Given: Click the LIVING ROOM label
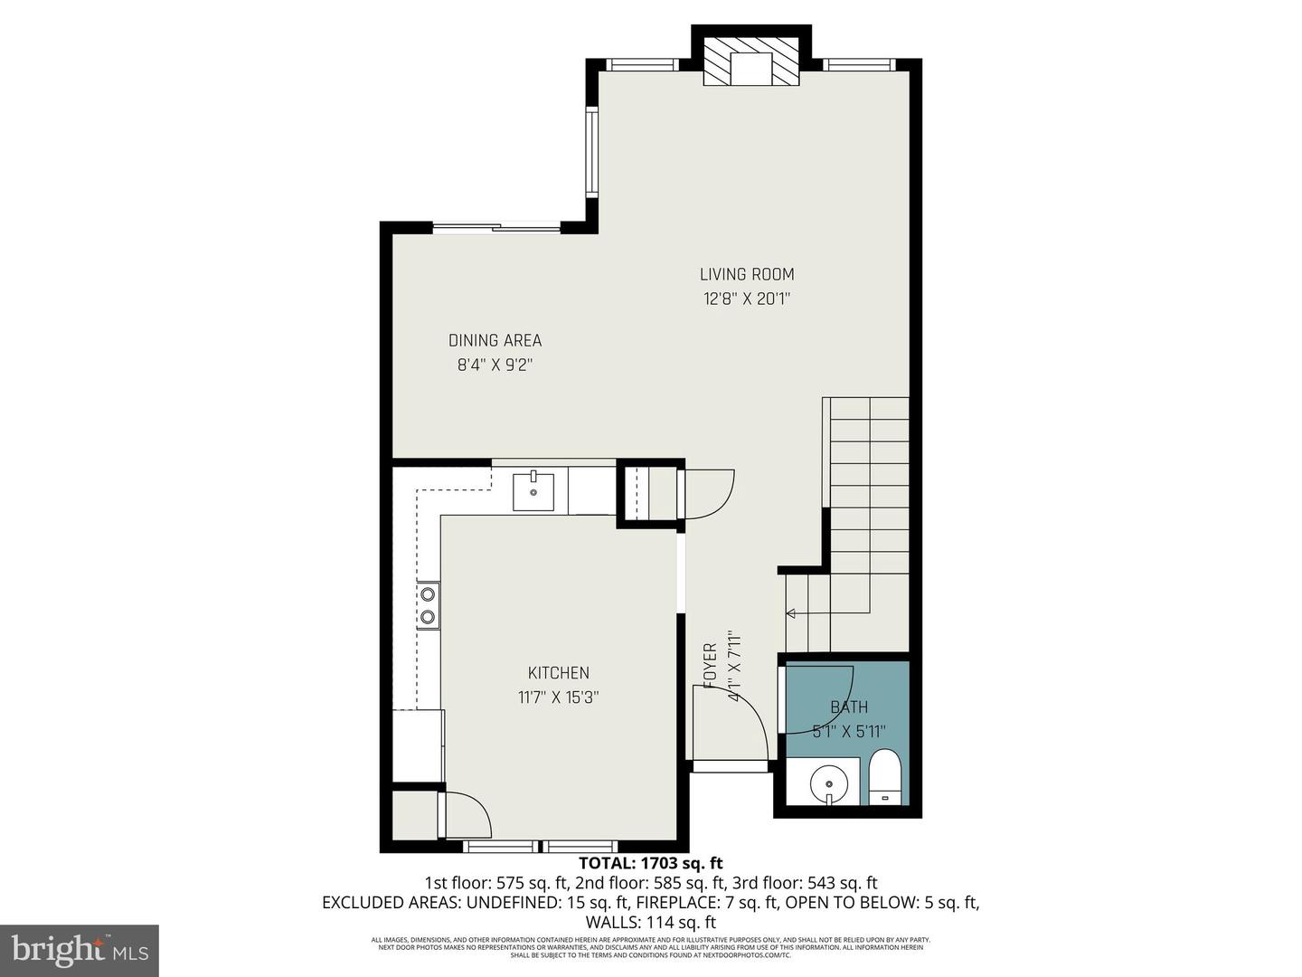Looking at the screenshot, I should pos(747,274).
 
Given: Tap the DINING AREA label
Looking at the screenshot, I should pos(495,341).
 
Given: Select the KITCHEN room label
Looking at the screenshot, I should pos(558,673).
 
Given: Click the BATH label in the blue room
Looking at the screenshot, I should pos(849,707).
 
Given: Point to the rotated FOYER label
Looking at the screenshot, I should pos(711,666).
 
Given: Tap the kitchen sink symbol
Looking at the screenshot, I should pos(533,491).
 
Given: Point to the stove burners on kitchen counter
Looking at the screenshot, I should pos(428,606).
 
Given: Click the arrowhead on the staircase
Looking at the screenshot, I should pos(791,614).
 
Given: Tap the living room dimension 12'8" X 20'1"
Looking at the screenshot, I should pos(747,299).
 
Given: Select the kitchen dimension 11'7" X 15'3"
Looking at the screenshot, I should pos(558,697).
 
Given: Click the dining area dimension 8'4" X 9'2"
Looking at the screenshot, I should pos(495,365).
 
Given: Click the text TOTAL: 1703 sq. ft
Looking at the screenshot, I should pos(650,863).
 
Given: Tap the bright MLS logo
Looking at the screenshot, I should pos(80,950).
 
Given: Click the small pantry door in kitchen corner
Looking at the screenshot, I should pos(467,813).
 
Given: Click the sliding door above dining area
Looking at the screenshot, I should pos(496,227).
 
